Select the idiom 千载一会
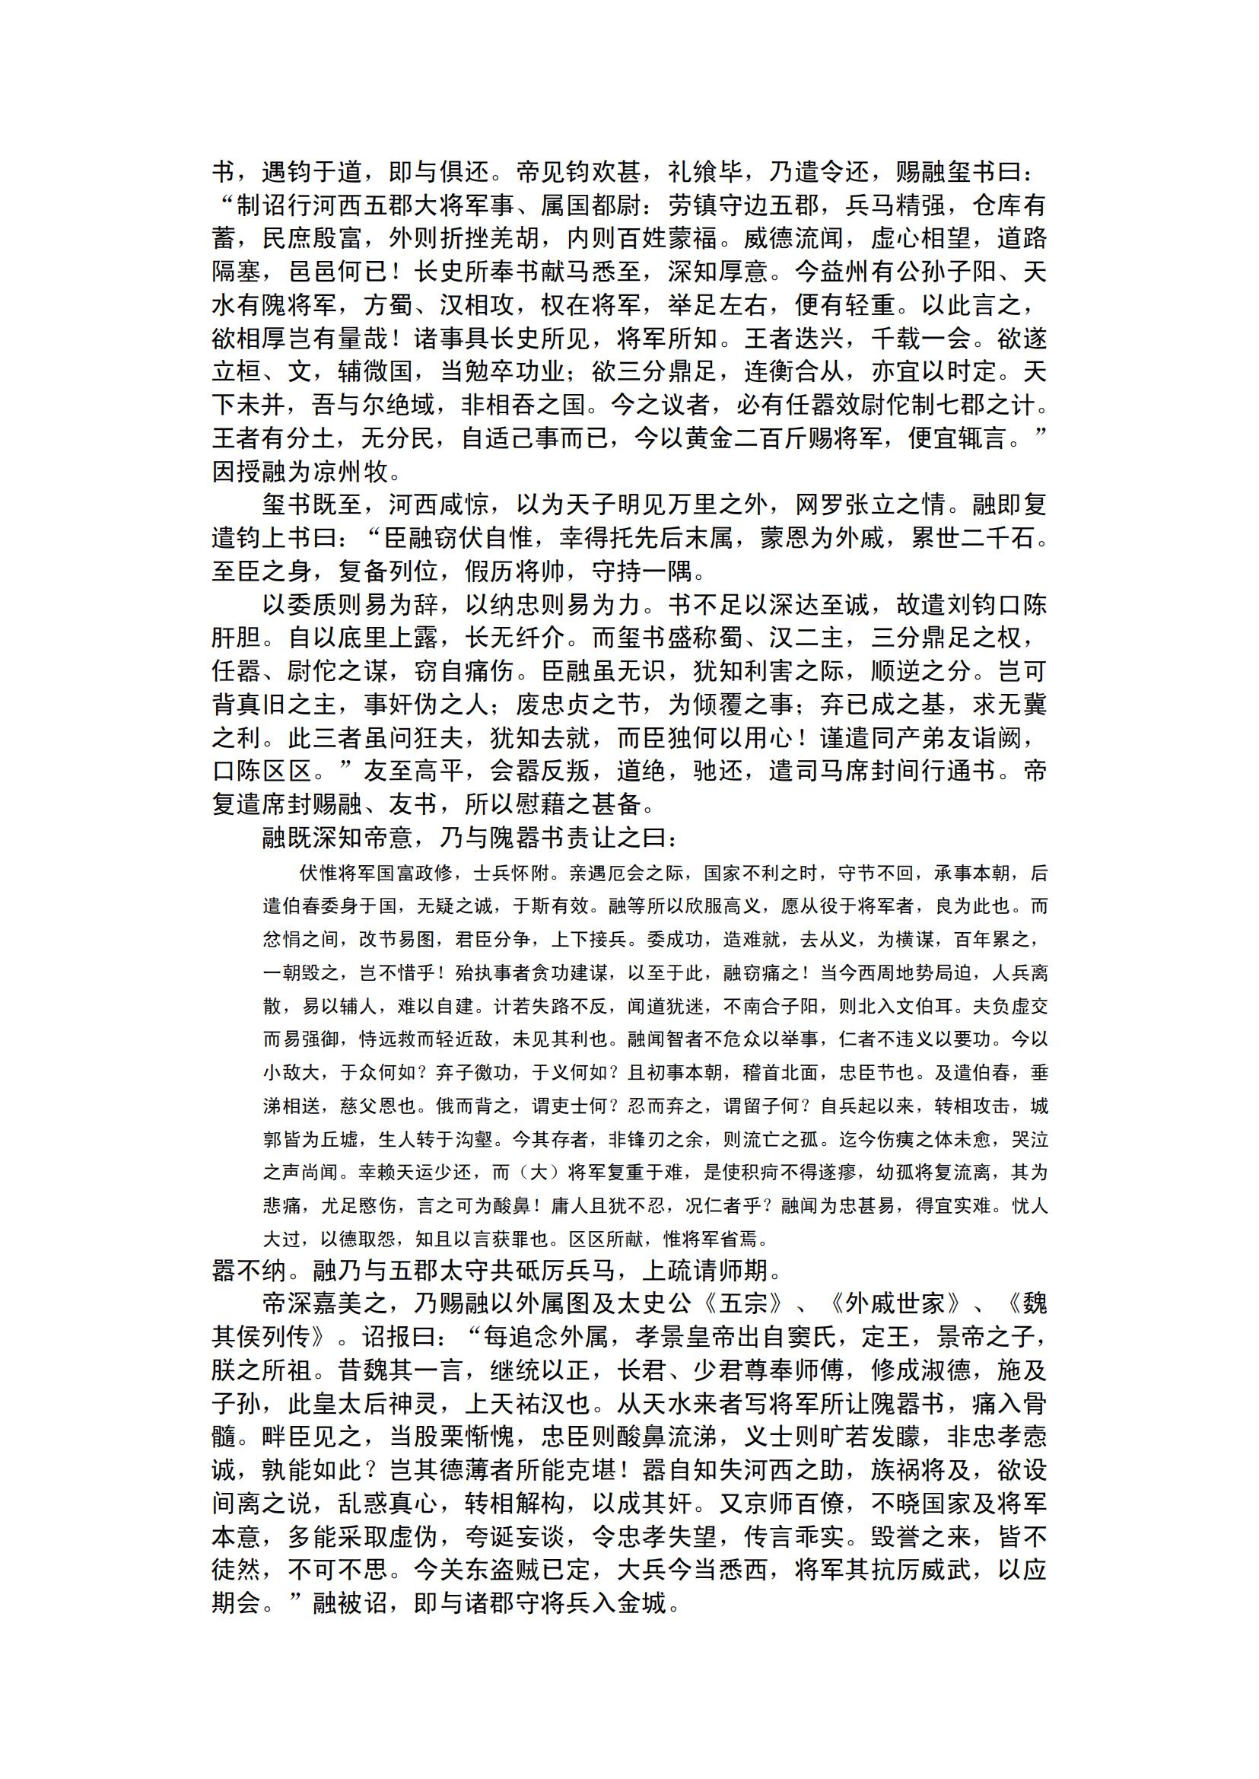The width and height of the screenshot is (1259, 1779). (921, 339)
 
